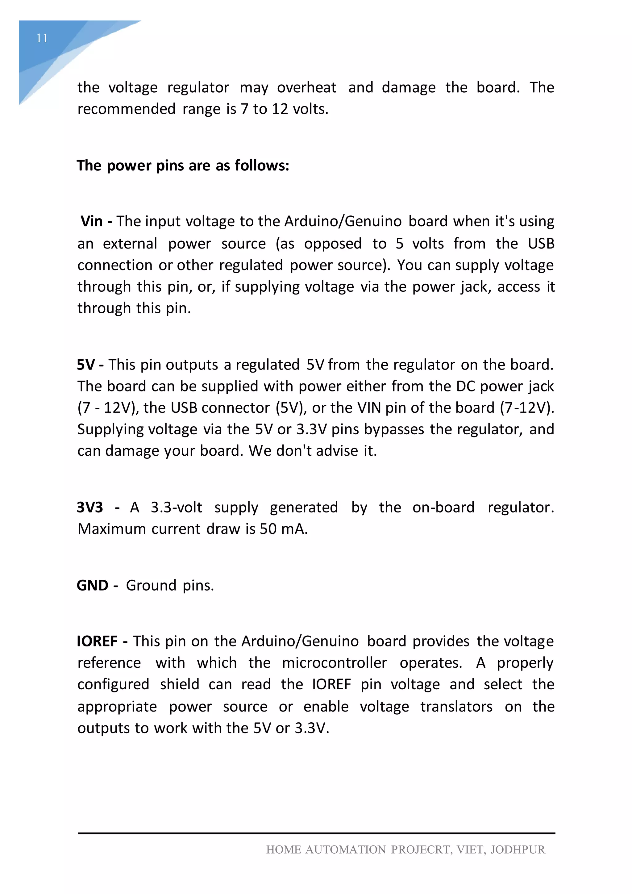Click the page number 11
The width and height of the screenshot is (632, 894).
tap(42, 38)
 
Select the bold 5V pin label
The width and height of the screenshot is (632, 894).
tap(85, 365)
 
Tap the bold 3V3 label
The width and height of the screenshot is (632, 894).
tap(90, 508)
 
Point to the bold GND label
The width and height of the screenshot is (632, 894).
tap(93, 586)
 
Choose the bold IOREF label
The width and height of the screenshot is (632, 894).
tap(97, 641)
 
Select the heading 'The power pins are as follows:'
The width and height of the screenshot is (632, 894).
tap(183, 166)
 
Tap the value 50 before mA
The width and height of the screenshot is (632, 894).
tap(268, 529)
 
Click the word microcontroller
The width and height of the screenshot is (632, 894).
tap(334, 663)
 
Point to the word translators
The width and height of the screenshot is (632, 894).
tap(456, 707)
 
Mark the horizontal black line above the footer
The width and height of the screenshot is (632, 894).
tap(316, 833)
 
